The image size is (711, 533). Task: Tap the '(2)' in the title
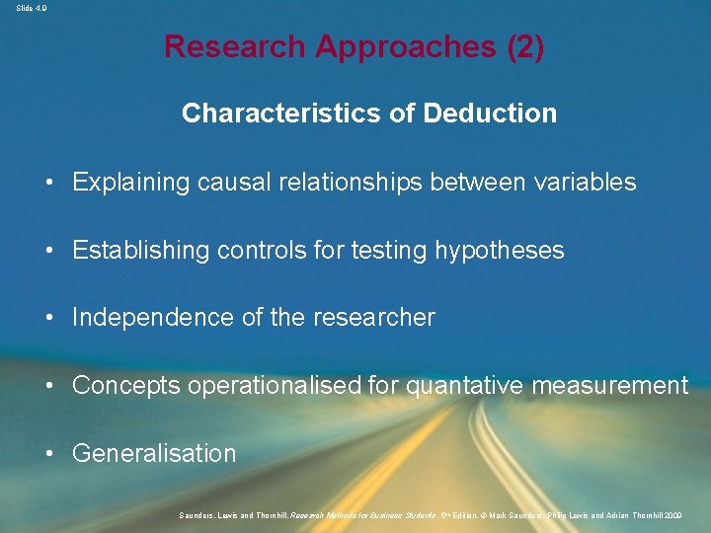tap(523, 47)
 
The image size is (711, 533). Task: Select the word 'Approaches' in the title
tap(395, 47)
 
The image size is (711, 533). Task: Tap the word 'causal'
tap(231, 182)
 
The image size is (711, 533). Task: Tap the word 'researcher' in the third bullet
tap(376, 318)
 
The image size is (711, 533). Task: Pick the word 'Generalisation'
tap(154, 454)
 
